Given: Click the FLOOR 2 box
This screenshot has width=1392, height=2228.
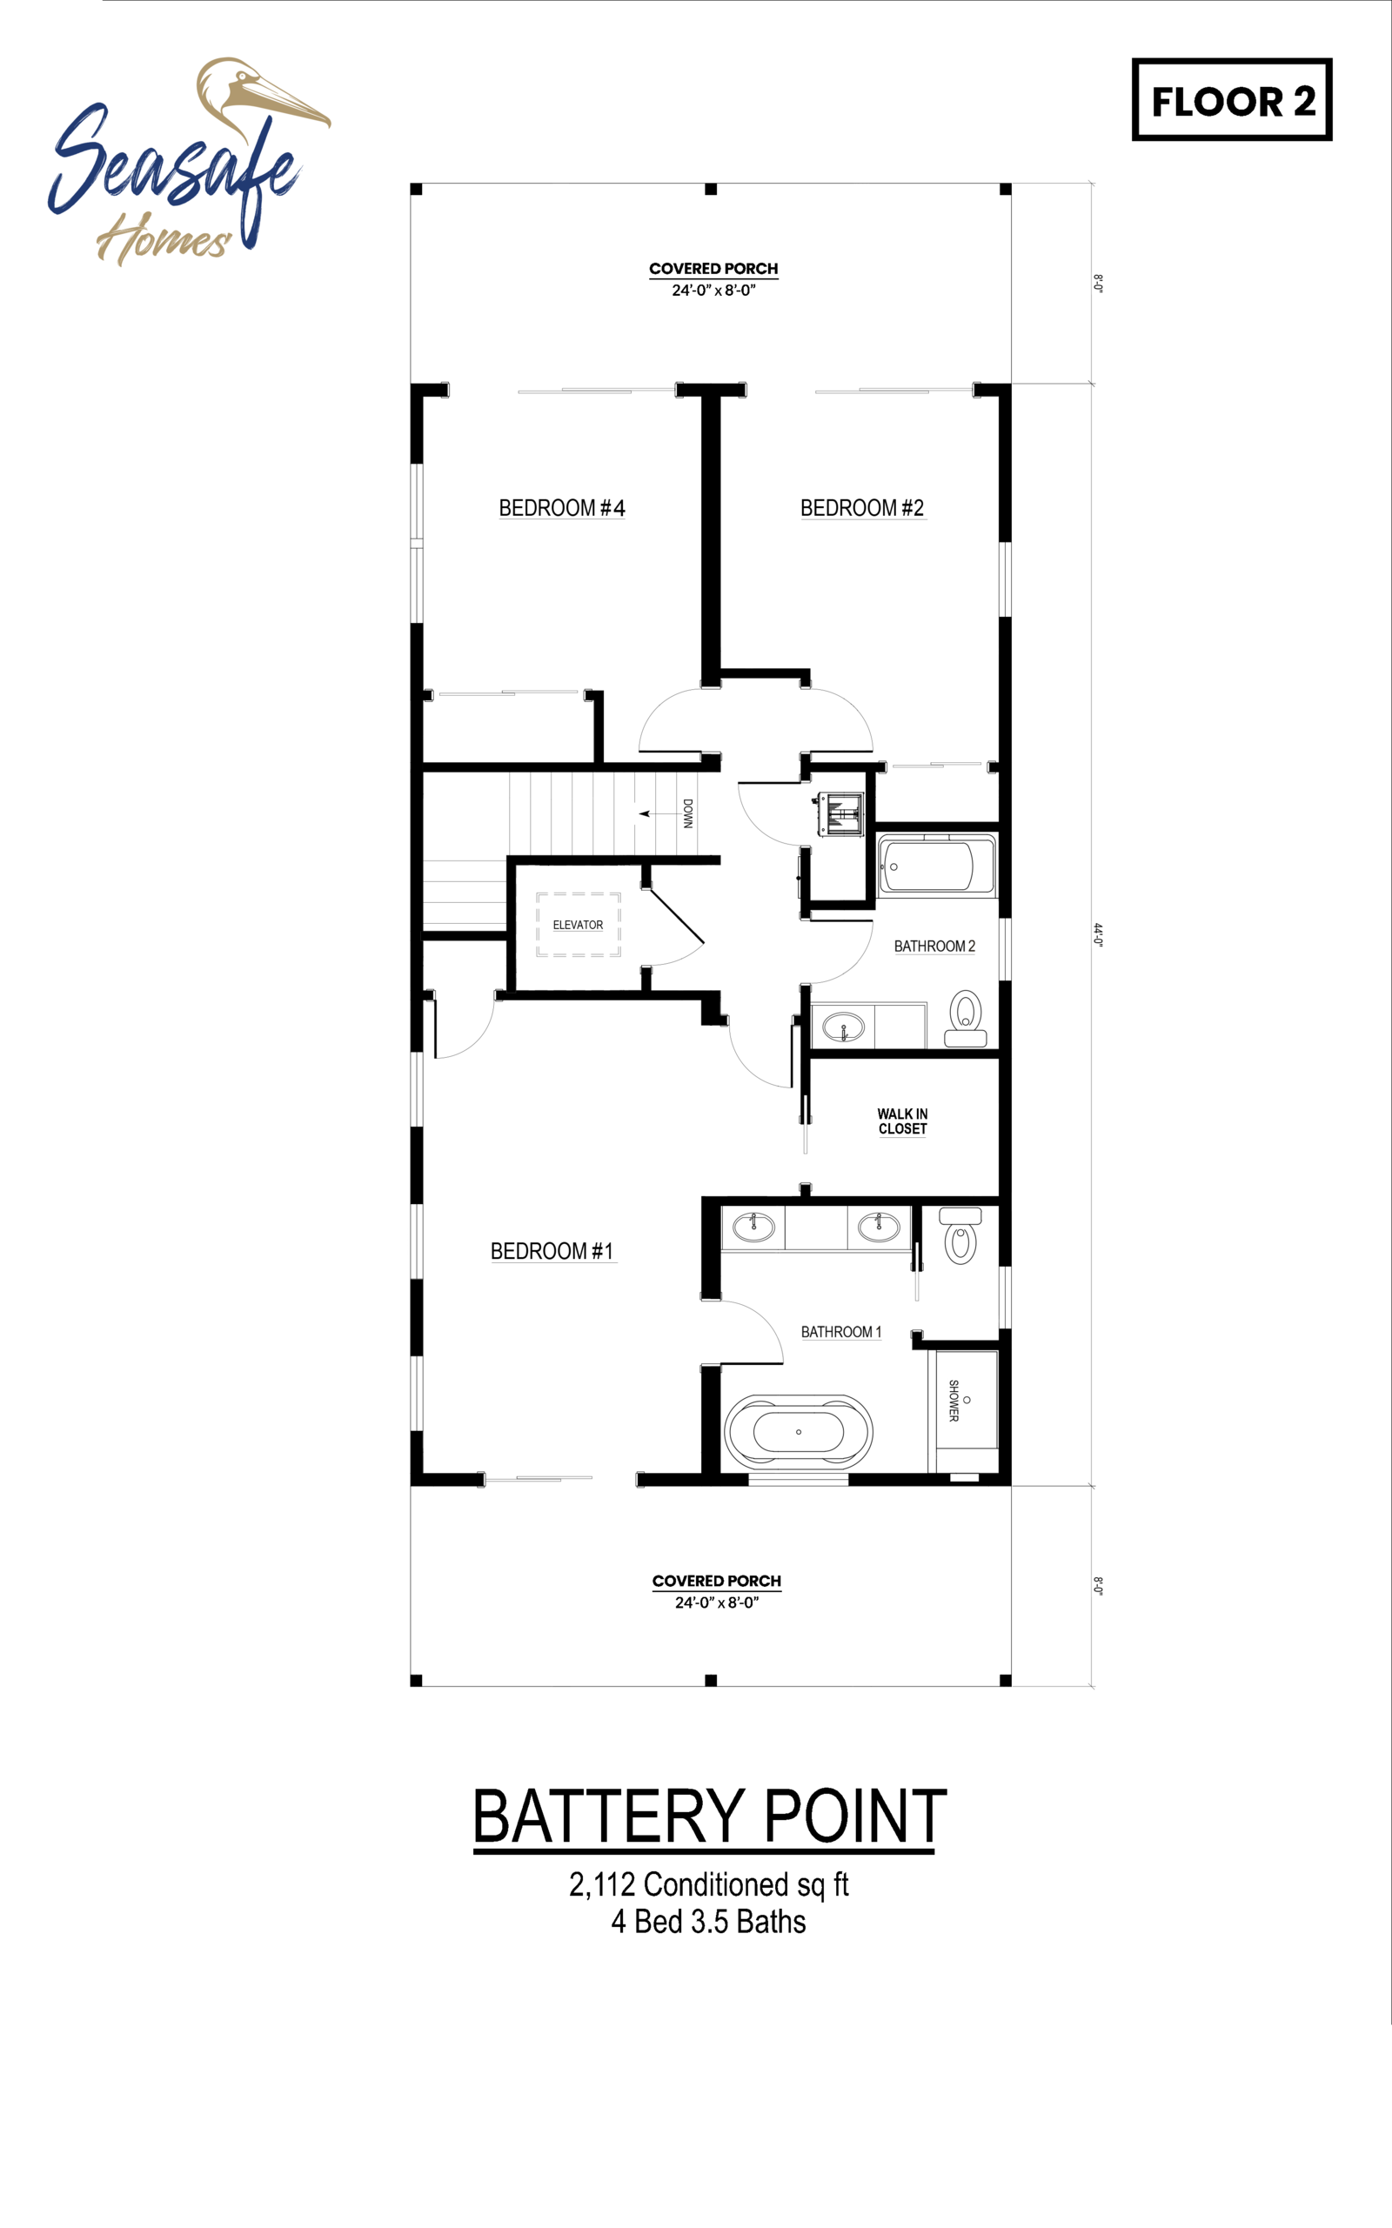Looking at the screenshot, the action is click(1232, 99).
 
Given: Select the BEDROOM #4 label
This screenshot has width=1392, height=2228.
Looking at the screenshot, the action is click(562, 508).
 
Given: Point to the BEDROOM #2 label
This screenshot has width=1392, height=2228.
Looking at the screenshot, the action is click(863, 508).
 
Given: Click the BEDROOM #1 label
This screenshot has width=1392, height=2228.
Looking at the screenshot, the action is click(552, 1251).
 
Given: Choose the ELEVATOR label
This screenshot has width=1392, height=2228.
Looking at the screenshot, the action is click(579, 926).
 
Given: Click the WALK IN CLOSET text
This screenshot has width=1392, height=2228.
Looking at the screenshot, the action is click(902, 1121).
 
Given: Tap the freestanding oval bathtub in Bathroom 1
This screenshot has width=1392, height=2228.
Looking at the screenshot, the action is click(798, 1432).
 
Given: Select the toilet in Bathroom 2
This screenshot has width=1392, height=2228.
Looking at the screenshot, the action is click(966, 1018).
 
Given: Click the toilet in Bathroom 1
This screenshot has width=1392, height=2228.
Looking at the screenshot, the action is click(960, 1235).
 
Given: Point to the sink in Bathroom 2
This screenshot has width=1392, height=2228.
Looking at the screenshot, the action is click(843, 1027).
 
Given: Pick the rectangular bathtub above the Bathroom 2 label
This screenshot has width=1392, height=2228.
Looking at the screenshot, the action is click(937, 866).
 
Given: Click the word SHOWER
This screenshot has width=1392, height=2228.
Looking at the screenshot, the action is click(954, 1401).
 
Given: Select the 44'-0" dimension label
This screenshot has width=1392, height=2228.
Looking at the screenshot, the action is click(1098, 934).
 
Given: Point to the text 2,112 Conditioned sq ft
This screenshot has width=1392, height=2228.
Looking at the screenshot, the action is click(709, 1884).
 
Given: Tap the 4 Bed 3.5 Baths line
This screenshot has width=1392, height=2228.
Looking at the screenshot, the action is click(709, 1923).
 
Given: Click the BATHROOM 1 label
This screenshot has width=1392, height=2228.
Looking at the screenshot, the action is click(841, 1332).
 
